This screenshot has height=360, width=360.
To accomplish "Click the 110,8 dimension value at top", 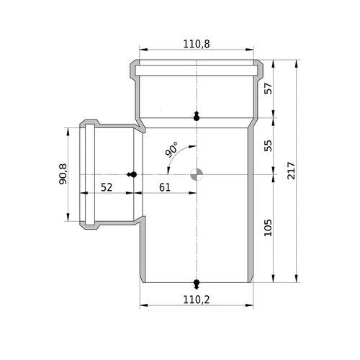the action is click(x=197, y=44).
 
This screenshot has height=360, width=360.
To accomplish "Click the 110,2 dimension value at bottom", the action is click(x=197, y=300).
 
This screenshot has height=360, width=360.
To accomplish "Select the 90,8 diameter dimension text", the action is click(x=63, y=174).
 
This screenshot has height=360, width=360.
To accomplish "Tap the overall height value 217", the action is click(x=291, y=171).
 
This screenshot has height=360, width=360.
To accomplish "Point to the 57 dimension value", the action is click(x=268, y=89).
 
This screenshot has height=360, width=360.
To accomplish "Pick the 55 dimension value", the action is click(x=268, y=145).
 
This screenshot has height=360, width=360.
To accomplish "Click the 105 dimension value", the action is click(x=268, y=228).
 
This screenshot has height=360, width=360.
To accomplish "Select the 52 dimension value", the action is click(x=107, y=187).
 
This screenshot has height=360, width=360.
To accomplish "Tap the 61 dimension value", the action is click(x=165, y=187).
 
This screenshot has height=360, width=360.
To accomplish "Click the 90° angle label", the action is click(x=171, y=150).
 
